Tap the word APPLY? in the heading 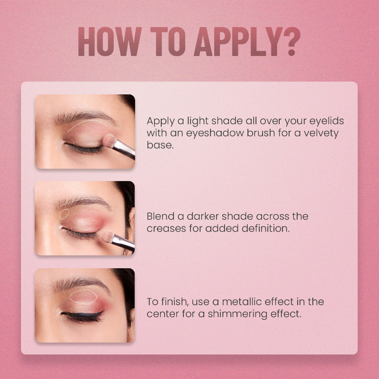click(x=247, y=41)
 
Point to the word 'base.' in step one click(x=160, y=145)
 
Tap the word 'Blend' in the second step click(x=161, y=216)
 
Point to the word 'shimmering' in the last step click(x=238, y=314)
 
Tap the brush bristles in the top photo click(x=110, y=141)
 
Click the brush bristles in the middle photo click(x=107, y=237)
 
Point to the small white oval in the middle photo click(x=64, y=214)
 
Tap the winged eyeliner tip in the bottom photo click(x=104, y=310)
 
